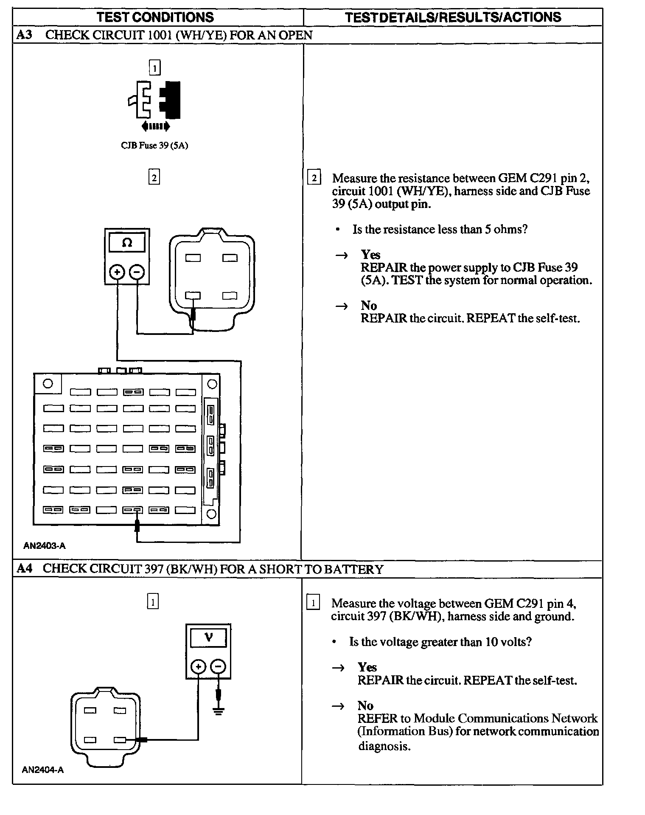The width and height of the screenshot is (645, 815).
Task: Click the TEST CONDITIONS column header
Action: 155,17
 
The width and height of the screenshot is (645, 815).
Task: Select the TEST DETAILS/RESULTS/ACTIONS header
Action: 453,17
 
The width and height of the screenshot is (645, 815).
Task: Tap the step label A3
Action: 24,35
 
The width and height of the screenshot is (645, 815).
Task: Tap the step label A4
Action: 24,569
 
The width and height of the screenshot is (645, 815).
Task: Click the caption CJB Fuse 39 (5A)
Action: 154,146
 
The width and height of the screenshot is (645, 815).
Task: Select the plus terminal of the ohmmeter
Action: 117,272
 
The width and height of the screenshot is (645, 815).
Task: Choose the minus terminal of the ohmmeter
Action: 137,272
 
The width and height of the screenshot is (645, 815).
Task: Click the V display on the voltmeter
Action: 208,638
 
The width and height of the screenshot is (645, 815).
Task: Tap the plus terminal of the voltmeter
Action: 198,667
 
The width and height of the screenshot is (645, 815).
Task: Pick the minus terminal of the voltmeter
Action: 218,667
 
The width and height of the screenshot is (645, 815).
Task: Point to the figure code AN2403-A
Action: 45,546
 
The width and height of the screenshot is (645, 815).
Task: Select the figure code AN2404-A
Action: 43,770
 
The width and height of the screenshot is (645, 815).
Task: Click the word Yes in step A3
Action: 370,255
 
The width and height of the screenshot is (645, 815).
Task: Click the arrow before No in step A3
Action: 342,306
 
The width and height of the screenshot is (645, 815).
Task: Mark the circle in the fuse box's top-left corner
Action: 48,384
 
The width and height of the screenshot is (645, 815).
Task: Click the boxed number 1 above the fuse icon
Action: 154,67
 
